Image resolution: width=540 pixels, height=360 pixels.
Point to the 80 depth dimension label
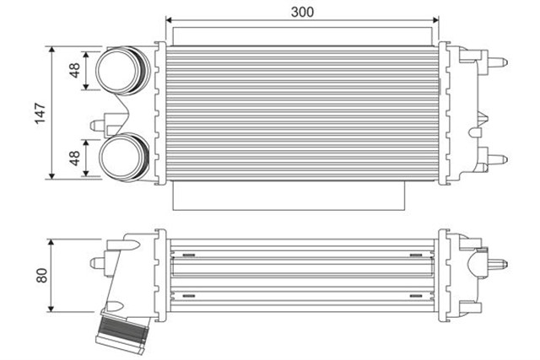pyautogui.click(x=40, y=275)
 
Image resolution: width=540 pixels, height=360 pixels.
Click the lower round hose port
pyautogui.click(x=121, y=158)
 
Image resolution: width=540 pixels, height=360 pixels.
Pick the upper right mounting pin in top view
pyautogui.click(x=500, y=62)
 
